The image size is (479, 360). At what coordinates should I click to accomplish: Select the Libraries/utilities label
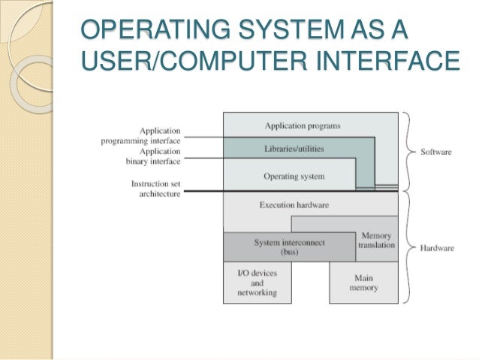tap(294, 149)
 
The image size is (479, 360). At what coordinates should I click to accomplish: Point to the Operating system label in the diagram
tap(294, 177)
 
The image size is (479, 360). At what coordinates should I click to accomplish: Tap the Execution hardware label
tap(294, 204)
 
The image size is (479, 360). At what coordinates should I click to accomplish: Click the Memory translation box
tap(376, 241)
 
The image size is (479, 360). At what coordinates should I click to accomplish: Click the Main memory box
tap(363, 283)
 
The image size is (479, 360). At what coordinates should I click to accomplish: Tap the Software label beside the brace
tap(435, 152)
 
